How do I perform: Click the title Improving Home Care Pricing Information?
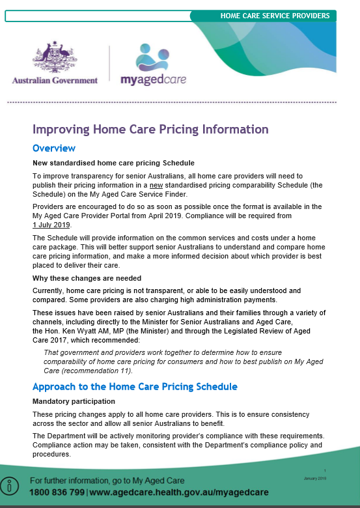point(150,129)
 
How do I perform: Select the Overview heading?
point(54,148)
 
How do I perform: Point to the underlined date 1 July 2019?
point(51,224)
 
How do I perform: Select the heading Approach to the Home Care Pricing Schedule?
point(135,386)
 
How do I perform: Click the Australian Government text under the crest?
point(55,80)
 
